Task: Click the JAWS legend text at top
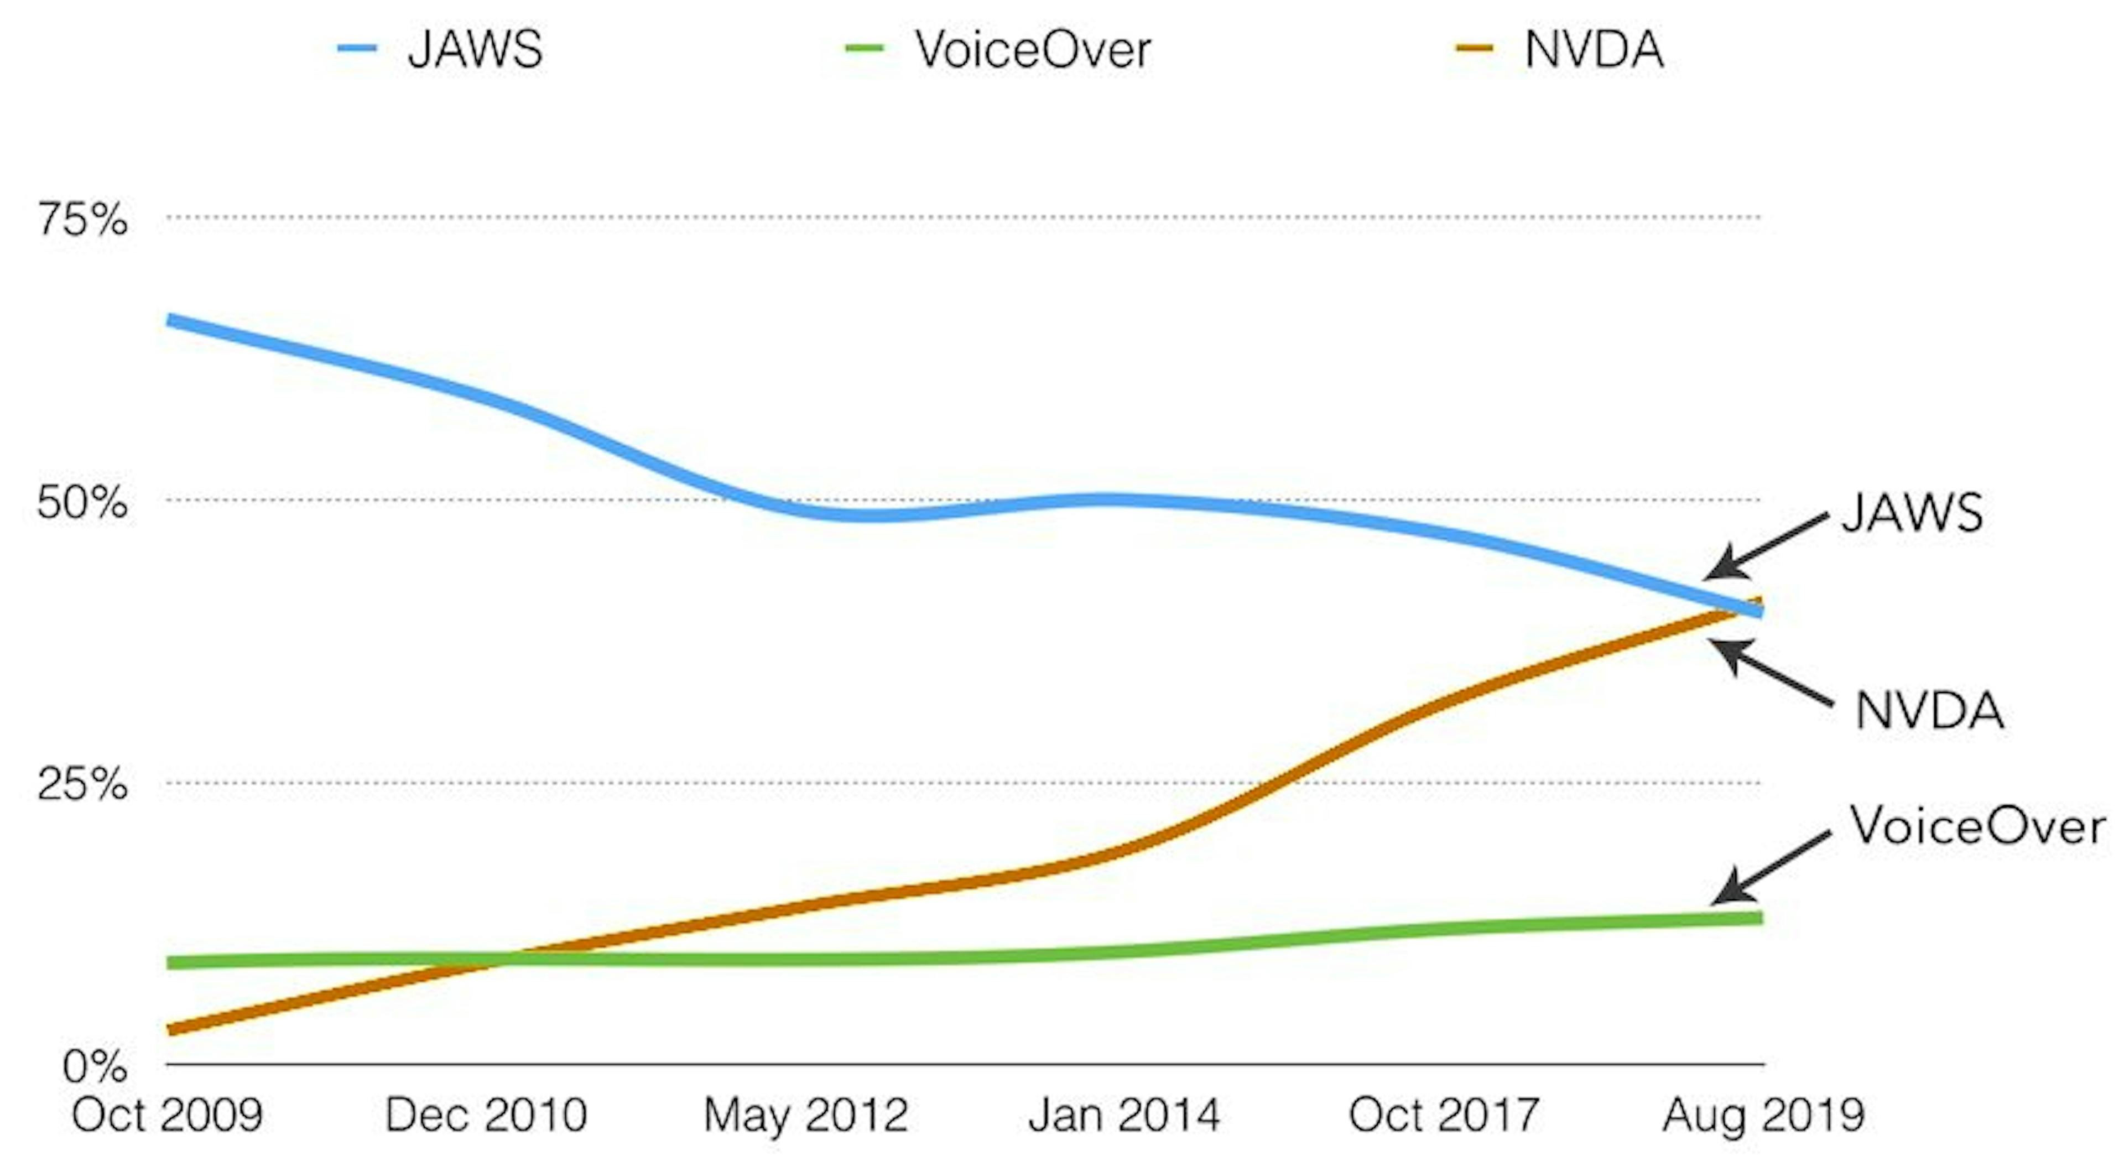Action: pos(475,49)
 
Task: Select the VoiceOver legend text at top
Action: pos(1032,49)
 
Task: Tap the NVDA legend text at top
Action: pos(1594,49)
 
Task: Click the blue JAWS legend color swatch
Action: pos(357,49)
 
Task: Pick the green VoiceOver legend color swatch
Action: pos(864,49)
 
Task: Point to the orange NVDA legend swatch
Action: pos(1474,49)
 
